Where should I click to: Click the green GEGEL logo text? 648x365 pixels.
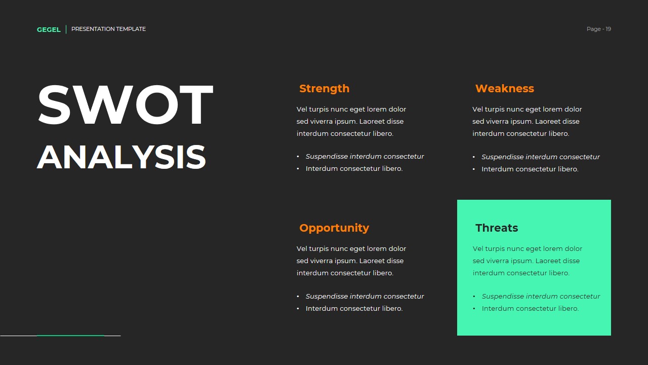[49, 29]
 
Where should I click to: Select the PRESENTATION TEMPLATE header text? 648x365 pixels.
[108, 29]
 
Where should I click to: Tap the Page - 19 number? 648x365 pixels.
[598, 29]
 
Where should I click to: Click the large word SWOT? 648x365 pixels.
[125, 105]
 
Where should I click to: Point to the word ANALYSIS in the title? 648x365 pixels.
[121, 157]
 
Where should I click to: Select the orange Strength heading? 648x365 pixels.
[324, 88]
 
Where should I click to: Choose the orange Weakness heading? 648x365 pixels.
[504, 88]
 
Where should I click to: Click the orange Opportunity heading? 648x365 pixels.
[334, 228]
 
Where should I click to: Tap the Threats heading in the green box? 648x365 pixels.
[496, 228]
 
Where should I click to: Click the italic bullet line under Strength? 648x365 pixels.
[364, 156]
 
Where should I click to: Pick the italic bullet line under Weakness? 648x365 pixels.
[540, 157]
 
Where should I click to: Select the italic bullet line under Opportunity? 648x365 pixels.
[364, 296]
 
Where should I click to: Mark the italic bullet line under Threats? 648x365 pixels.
[541, 296]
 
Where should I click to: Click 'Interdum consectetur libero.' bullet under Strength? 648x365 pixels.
[354, 168]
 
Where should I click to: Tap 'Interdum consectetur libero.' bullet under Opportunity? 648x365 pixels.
[354, 308]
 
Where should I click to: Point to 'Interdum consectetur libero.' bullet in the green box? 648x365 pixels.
[530, 308]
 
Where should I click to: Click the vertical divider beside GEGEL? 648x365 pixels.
[66, 29]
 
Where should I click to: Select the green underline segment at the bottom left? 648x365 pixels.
[70, 335]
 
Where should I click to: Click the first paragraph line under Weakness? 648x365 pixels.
[527, 109]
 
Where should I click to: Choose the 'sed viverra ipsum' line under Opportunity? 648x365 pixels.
[350, 261]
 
